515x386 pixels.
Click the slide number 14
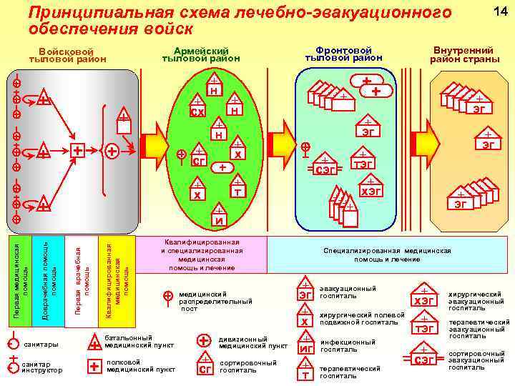[x=494, y=10]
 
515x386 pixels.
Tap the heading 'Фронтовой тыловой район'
[x=343, y=54]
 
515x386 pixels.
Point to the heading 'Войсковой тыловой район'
[x=67, y=56]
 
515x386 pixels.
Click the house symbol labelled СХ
[x=198, y=109]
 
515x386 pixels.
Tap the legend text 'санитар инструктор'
[x=42, y=367]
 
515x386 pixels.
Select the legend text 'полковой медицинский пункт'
[x=140, y=366]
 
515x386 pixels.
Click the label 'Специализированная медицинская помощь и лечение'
[x=387, y=255]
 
